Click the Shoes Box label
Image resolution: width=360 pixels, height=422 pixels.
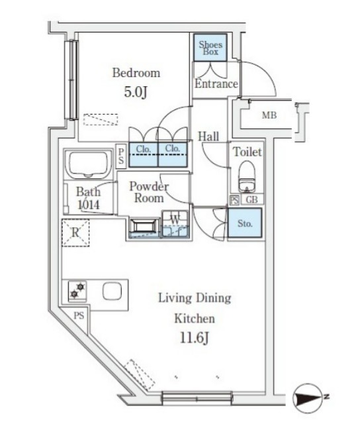click(x=210, y=48)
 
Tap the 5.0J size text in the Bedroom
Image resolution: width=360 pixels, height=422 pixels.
click(x=136, y=92)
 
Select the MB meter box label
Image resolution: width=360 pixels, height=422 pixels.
click(x=269, y=115)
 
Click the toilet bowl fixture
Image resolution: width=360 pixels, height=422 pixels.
click(x=247, y=176)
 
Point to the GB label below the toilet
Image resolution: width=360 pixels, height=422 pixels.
click(x=252, y=199)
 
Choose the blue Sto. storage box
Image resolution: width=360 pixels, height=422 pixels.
click(x=245, y=223)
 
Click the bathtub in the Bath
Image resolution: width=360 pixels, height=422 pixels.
click(x=87, y=164)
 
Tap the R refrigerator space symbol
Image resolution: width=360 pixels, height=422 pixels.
click(x=75, y=233)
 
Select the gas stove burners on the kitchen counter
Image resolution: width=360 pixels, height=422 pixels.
click(x=77, y=291)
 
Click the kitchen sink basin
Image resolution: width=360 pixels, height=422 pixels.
click(x=112, y=291)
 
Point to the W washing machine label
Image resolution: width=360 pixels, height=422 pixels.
click(x=175, y=219)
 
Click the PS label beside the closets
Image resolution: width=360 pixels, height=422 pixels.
click(x=121, y=156)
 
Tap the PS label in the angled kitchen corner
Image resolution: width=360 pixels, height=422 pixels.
click(x=79, y=315)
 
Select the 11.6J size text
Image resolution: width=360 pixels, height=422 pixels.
click(x=194, y=337)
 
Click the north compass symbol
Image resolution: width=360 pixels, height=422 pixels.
click(x=308, y=397)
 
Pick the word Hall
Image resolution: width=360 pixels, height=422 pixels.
click(x=208, y=136)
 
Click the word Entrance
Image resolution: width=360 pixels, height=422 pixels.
click(x=216, y=83)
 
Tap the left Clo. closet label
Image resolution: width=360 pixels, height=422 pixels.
click(x=144, y=148)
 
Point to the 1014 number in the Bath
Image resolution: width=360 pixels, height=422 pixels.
click(x=89, y=205)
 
